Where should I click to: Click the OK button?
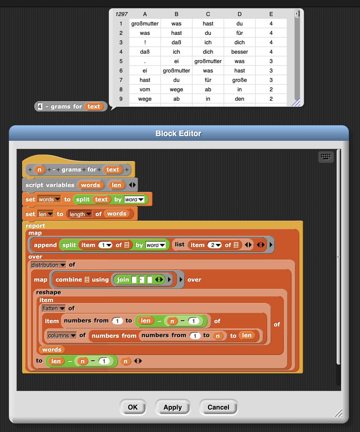click(x=133, y=407)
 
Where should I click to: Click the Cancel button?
click(x=218, y=407)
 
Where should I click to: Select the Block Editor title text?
click(x=178, y=134)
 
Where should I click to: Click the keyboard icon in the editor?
click(x=326, y=157)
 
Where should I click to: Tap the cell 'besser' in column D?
click(x=240, y=52)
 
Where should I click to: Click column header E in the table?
click(x=271, y=14)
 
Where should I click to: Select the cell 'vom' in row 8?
click(x=145, y=89)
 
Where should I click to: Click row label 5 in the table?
click(x=121, y=61)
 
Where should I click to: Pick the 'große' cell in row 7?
click(x=240, y=80)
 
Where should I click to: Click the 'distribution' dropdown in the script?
click(x=48, y=265)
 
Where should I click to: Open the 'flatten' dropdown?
click(x=54, y=308)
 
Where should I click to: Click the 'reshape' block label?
click(x=48, y=292)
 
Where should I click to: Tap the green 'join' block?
click(x=123, y=279)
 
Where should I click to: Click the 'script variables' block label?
click(x=50, y=185)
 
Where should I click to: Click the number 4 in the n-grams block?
click(x=40, y=107)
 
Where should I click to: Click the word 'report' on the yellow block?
click(x=35, y=226)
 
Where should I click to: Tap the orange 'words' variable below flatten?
click(x=52, y=350)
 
